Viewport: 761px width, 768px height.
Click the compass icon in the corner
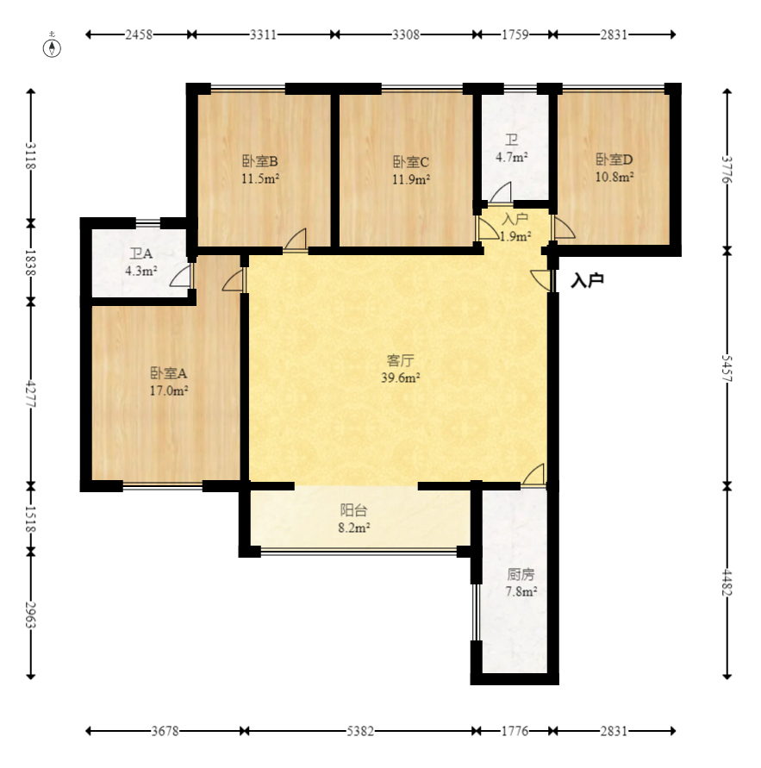coord(52,47)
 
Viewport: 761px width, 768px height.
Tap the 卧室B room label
coord(260,161)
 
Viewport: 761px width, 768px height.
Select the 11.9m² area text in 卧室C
coord(411,180)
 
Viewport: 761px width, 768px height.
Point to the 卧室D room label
coord(614,159)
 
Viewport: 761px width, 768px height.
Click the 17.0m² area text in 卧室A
coord(169,390)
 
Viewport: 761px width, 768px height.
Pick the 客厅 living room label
coord(401,361)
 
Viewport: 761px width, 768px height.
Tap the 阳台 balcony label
coord(353,510)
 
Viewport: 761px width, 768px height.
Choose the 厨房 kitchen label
coord(521,574)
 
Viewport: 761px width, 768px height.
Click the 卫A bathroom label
coord(141,253)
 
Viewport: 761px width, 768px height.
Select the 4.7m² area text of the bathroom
coord(512,157)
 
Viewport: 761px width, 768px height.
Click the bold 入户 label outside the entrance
coord(587,281)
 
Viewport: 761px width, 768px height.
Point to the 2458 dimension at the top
coord(139,34)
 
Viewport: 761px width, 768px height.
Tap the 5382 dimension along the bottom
coord(360,731)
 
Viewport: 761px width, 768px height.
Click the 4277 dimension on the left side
coord(31,394)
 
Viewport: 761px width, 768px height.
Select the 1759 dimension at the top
coord(515,34)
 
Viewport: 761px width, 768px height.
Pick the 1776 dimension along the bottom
coord(515,731)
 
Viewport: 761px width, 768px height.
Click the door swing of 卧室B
coord(295,240)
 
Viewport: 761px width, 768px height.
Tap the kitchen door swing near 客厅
coord(533,474)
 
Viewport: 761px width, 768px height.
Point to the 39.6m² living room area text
coord(401,378)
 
